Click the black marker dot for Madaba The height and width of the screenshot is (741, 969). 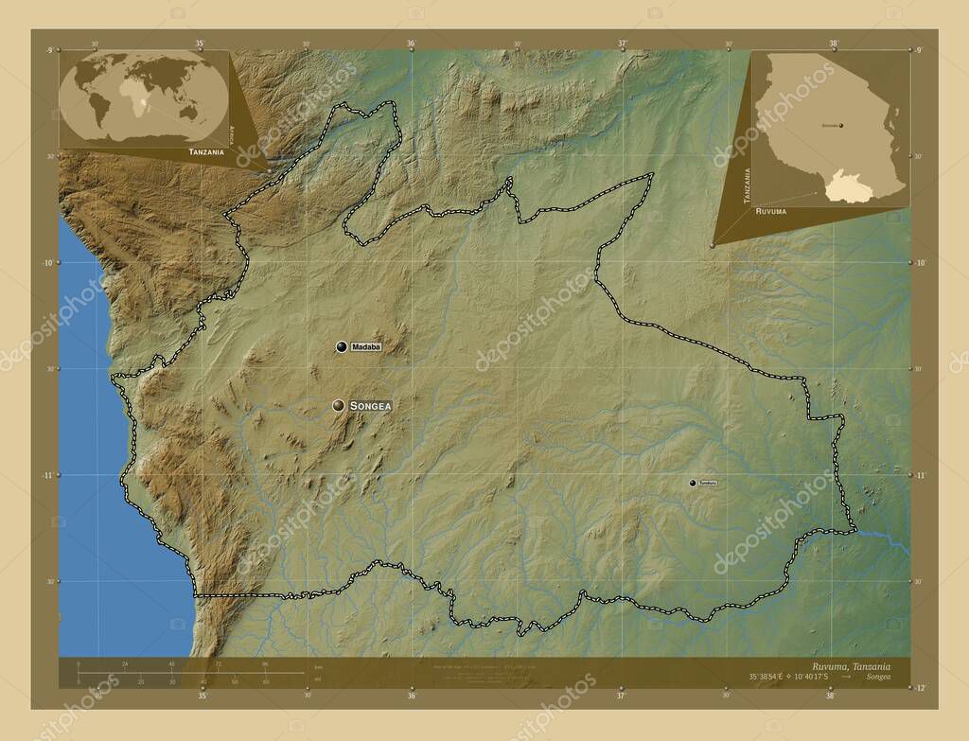[340, 347]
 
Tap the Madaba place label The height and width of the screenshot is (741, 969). [366, 347]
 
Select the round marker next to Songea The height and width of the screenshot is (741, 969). [338, 406]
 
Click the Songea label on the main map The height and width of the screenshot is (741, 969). [370, 406]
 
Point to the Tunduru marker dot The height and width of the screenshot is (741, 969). [693, 484]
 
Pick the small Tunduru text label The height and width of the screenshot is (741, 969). [708, 484]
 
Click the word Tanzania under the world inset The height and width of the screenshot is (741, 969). [206, 151]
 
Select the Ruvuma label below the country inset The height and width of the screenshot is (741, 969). [770, 212]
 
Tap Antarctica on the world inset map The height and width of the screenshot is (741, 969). [142, 137]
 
